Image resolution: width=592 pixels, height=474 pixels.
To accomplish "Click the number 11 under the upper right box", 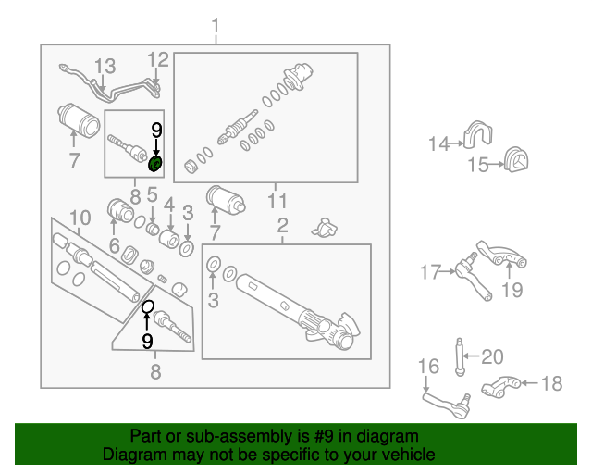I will (x=277, y=201).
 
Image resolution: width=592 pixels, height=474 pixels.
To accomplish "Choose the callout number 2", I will (x=282, y=225).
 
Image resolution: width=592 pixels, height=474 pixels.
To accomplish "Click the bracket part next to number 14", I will (x=478, y=137).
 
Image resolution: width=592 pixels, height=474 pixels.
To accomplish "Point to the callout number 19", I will (x=512, y=290).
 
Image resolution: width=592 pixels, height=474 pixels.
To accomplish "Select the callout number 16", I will (x=426, y=368).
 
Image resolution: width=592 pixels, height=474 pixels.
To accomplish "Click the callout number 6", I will (x=114, y=246).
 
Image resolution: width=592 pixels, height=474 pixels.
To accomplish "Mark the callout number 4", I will (x=169, y=204).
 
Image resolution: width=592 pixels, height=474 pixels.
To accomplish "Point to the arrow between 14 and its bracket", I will (x=455, y=143).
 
